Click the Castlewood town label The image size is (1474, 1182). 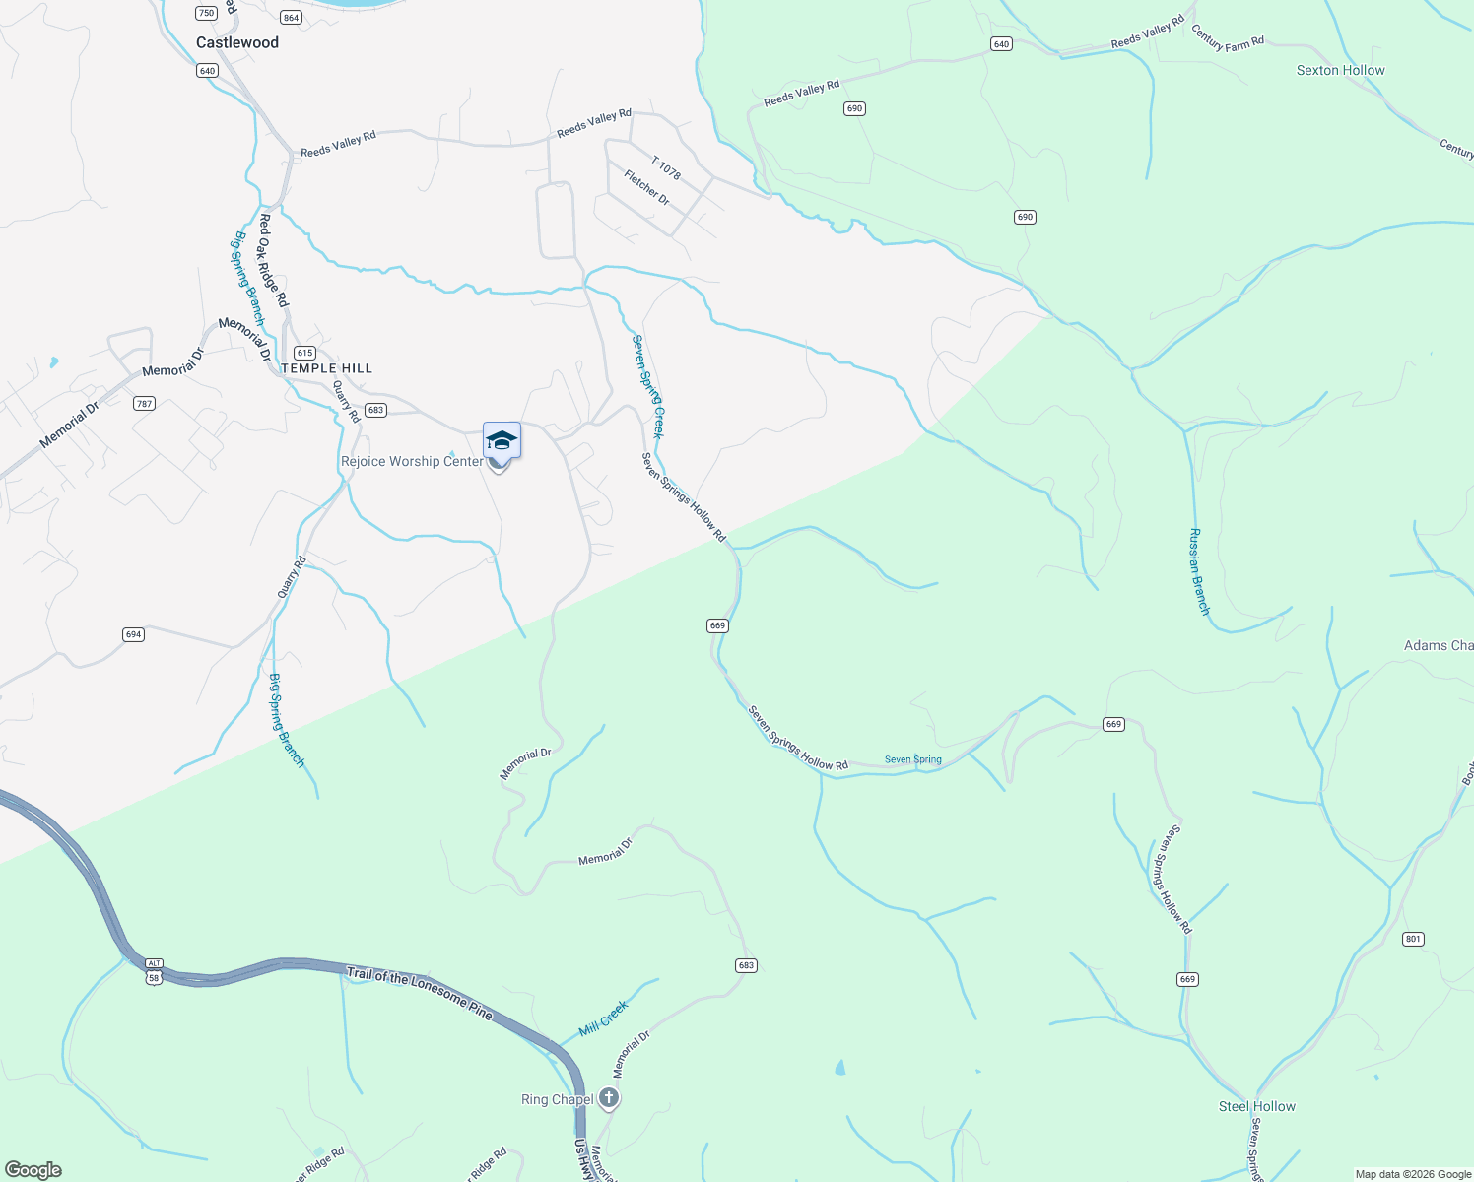[237, 42]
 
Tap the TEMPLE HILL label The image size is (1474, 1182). [327, 368]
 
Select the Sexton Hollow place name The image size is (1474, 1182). [1340, 70]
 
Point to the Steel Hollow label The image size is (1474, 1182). [1256, 1106]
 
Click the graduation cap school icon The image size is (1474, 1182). [502, 440]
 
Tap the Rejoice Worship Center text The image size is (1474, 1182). [412, 461]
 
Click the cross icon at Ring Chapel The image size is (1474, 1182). [609, 1098]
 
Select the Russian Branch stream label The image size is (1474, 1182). [1198, 572]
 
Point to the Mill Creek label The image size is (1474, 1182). [603, 1018]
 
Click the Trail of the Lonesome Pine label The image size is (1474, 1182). [419, 993]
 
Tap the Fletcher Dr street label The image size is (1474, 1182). [646, 187]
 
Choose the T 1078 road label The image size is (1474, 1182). [666, 167]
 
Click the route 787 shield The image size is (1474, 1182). [145, 403]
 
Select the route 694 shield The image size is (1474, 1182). [134, 634]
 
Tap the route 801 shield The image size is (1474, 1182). [1413, 939]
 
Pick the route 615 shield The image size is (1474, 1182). [304, 353]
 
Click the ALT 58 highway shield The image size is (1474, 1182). [154, 971]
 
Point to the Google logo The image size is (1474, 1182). [33, 1170]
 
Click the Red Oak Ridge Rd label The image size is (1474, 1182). [273, 260]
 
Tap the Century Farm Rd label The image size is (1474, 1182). [1227, 37]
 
